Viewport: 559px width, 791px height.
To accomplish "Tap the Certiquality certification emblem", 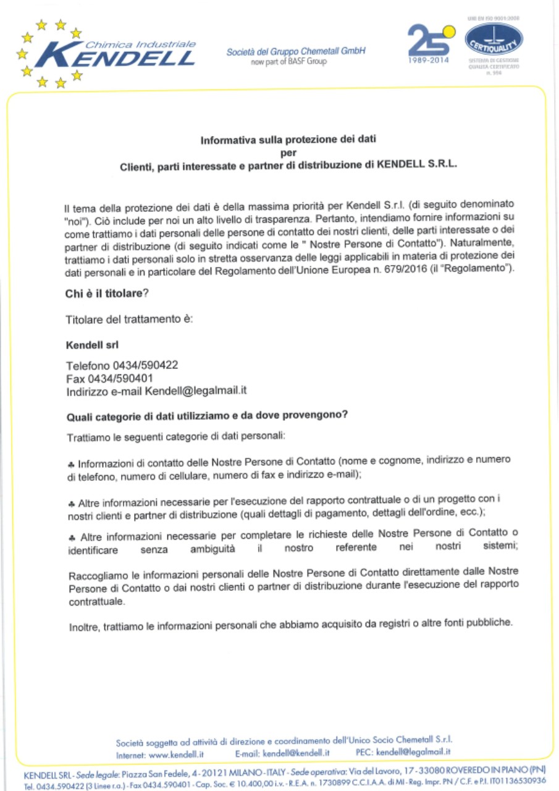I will click(x=494, y=40).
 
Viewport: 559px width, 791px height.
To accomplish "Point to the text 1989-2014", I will click(x=429, y=61).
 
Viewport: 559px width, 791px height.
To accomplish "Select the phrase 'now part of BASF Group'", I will click(x=288, y=62).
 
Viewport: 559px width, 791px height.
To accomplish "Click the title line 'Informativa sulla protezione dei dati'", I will click(x=288, y=140).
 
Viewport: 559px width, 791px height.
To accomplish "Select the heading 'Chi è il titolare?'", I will click(x=107, y=294).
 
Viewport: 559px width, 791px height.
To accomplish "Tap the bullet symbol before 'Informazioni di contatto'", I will click(x=72, y=463).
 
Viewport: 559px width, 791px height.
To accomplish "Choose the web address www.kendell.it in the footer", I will click(x=177, y=753).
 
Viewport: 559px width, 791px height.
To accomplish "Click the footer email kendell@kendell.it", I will click(x=295, y=753).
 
